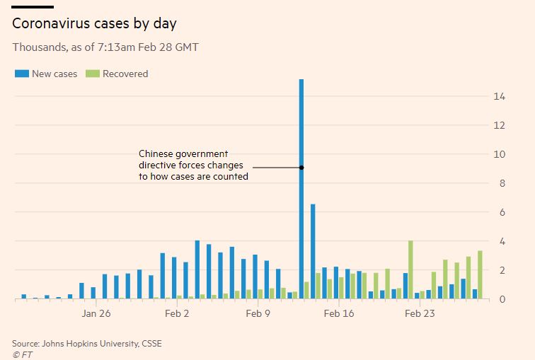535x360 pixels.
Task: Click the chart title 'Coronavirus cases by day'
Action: coord(94,23)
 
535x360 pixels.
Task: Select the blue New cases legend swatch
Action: coord(21,74)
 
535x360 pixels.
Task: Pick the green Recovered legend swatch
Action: coord(91,74)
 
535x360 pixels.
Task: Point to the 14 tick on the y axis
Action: coord(500,96)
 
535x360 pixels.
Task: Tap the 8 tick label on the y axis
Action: coord(502,183)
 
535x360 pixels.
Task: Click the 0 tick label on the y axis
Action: coord(502,299)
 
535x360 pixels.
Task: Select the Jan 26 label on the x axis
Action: coord(96,313)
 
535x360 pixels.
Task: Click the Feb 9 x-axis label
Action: coord(258,313)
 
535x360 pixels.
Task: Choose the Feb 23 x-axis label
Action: coord(420,313)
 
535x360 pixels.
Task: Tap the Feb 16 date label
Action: coord(339,313)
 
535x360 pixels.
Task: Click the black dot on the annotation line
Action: coord(301,168)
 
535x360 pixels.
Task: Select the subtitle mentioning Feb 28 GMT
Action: coord(105,47)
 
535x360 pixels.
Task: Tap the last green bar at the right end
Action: coord(481,275)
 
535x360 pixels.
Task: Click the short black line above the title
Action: coord(33,7)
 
